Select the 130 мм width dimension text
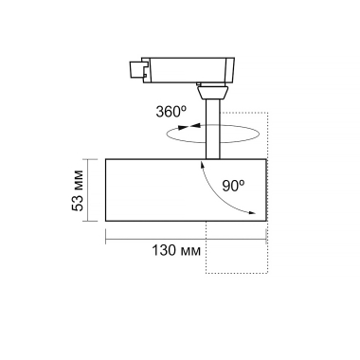coord(178,253)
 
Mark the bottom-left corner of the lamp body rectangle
coord(106,225)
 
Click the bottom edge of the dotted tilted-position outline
coord(237,275)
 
